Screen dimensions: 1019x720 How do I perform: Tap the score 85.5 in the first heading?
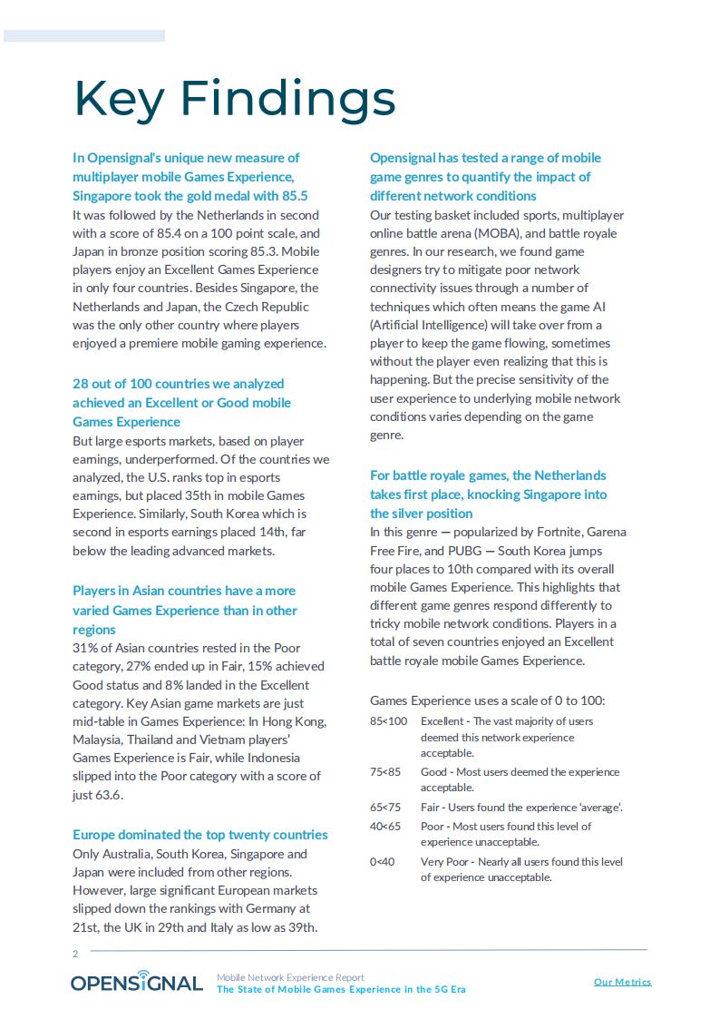pyautogui.click(x=296, y=196)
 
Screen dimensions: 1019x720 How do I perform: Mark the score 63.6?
pyautogui.click(x=109, y=795)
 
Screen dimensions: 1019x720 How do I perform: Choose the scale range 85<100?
pyautogui.click(x=389, y=721)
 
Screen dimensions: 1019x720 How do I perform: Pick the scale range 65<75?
pyautogui.click(x=385, y=808)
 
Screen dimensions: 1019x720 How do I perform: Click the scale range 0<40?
pyautogui.click(x=383, y=862)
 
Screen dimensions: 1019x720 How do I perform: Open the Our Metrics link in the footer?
pyautogui.click(x=622, y=982)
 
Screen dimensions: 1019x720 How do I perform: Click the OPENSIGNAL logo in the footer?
pyautogui.click(x=137, y=983)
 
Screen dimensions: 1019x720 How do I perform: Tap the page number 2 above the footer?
pyautogui.click(x=75, y=954)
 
